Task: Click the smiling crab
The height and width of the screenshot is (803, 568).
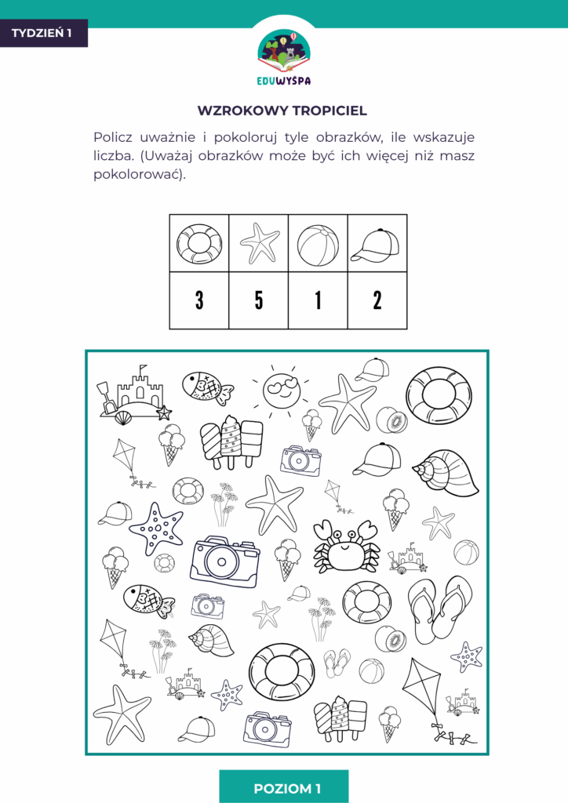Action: coord(346,546)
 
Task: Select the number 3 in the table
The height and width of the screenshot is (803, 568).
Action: coord(199,300)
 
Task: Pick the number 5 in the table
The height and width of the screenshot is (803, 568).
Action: coord(259,300)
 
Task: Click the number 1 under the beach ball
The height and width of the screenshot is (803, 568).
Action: coord(318,300)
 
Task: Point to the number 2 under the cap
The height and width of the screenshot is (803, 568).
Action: coord(377,300)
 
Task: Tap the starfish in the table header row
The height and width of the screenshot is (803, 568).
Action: coord(260,243)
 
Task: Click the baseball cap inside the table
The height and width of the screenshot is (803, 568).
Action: coord(375,245)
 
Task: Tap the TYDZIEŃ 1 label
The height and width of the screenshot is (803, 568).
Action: coord(42,33)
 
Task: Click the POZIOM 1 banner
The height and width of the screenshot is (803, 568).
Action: coord(283,788)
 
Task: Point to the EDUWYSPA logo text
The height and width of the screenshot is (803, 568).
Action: coord(284,81)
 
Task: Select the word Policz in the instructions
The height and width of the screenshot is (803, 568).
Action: coord(113,137)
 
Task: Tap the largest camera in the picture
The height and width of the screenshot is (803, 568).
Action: coord(224,562)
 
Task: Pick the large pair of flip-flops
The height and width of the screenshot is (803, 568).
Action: coord(439,609)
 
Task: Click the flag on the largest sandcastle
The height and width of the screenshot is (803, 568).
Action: coord(143,369)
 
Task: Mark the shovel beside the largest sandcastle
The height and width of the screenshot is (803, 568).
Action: coord(105,398)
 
